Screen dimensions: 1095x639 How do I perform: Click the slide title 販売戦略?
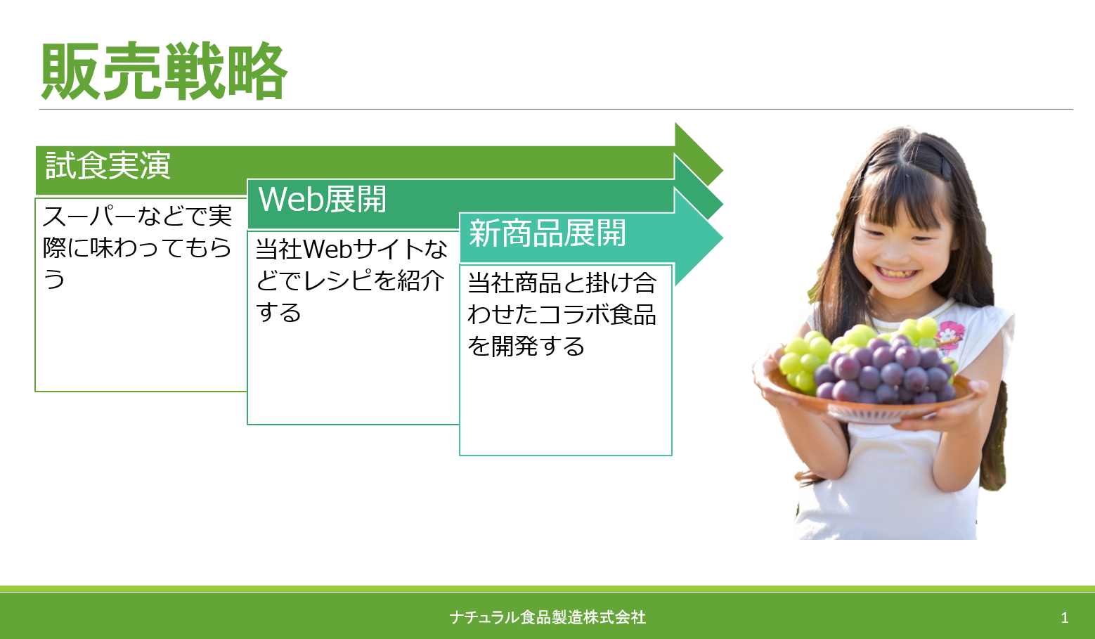(164, 72)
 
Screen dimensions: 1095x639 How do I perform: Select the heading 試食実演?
(108, 165)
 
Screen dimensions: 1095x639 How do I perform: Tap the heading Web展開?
(322, 199)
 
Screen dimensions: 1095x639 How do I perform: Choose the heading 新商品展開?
(547, 233)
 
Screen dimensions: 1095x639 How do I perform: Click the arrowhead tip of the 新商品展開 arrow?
(723, 238)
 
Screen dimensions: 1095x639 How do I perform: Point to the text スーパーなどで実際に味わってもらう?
(137, 247)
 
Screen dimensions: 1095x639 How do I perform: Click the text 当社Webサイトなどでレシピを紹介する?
(351, 280)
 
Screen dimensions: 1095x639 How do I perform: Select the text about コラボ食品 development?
(562, 314)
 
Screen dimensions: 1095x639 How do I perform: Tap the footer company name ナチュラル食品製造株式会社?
(547, 617)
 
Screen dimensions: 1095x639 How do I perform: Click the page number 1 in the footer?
(1064, 618)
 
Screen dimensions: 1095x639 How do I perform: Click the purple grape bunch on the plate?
(885, 370)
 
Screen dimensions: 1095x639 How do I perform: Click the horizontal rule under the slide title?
(556, 109)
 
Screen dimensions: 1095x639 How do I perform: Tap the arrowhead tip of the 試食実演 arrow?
(723, 170)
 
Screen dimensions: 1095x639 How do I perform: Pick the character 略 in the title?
(257, 72)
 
